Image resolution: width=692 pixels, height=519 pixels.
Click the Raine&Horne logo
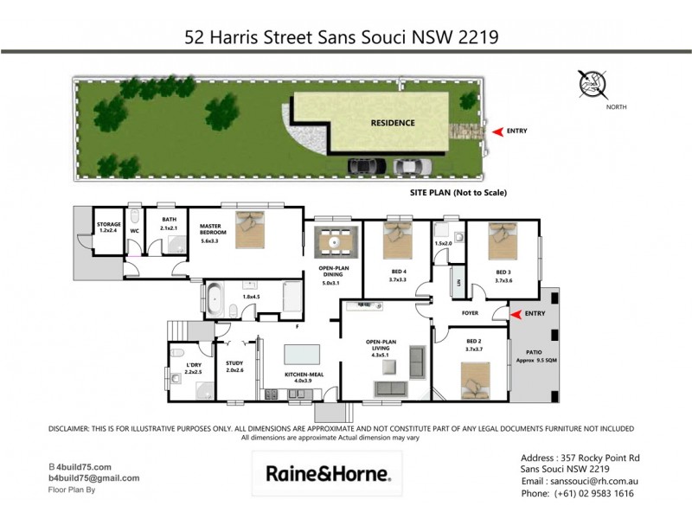click(328, 474)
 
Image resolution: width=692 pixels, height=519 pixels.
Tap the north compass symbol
click(593, 84)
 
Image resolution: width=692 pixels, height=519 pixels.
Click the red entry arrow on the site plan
click(497, 131)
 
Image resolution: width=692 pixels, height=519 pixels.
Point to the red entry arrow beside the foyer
click(517, 314)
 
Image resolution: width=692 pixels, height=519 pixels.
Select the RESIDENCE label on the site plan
click(393, 123)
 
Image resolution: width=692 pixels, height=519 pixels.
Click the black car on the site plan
click(368, 165)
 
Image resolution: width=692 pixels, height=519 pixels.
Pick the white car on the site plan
click(410, 165)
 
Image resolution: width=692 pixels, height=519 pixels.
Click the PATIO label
click(533, 351)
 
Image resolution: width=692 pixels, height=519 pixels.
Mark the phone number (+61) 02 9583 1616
click(577, 493)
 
